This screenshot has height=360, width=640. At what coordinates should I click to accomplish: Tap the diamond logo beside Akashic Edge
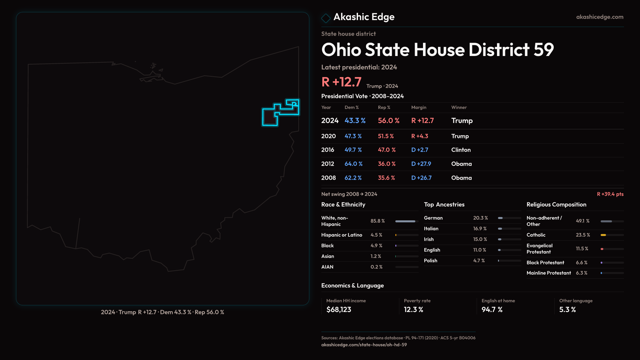[x=326, y=18]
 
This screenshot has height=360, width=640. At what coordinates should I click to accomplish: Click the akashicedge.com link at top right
[x=600, y=17]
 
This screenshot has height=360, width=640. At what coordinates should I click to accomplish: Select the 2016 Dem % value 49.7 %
[x=353, y=150]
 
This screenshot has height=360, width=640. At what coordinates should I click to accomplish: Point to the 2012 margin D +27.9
[x=421, y=164]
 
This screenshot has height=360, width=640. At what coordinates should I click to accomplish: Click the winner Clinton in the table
[x=461, y=150]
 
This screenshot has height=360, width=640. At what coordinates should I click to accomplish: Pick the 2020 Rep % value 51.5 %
[x=386, y=136]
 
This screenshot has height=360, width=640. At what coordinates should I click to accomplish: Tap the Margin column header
[x=419, y=107]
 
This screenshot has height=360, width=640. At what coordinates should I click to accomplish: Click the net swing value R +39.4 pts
[x=610, y=194]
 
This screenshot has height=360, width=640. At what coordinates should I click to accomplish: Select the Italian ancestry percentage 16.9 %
[x=480, y=229]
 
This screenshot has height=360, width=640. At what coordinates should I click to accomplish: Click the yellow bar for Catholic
[x=603, y=235]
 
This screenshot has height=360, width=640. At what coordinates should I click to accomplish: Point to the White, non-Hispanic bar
[x=405, y=221]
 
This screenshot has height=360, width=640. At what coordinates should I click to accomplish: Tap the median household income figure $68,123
[x=339, y=310]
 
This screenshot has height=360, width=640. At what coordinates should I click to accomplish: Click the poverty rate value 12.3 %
[x=413, y=310]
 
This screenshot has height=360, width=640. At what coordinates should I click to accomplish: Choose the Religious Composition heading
[x=556, y=205]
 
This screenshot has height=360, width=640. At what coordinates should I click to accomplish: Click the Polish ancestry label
[x=430, y=261]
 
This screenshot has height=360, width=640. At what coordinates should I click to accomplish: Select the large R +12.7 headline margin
[x=341, y=82]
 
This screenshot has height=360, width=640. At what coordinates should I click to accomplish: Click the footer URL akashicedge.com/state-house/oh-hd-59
[x=364, y=345]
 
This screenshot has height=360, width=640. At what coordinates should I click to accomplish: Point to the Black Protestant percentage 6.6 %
[x=581, y=263]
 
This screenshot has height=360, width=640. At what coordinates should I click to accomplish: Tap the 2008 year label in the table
[x=328, y=178]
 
